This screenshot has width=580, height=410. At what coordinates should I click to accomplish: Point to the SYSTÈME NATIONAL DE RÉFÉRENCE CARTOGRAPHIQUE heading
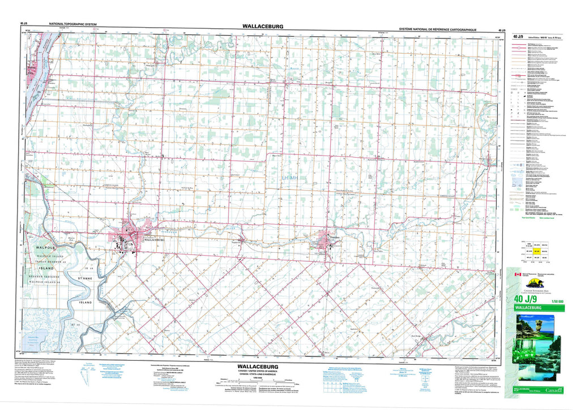click(437, 28)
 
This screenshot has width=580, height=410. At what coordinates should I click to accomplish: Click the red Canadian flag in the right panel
click(516, 275)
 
